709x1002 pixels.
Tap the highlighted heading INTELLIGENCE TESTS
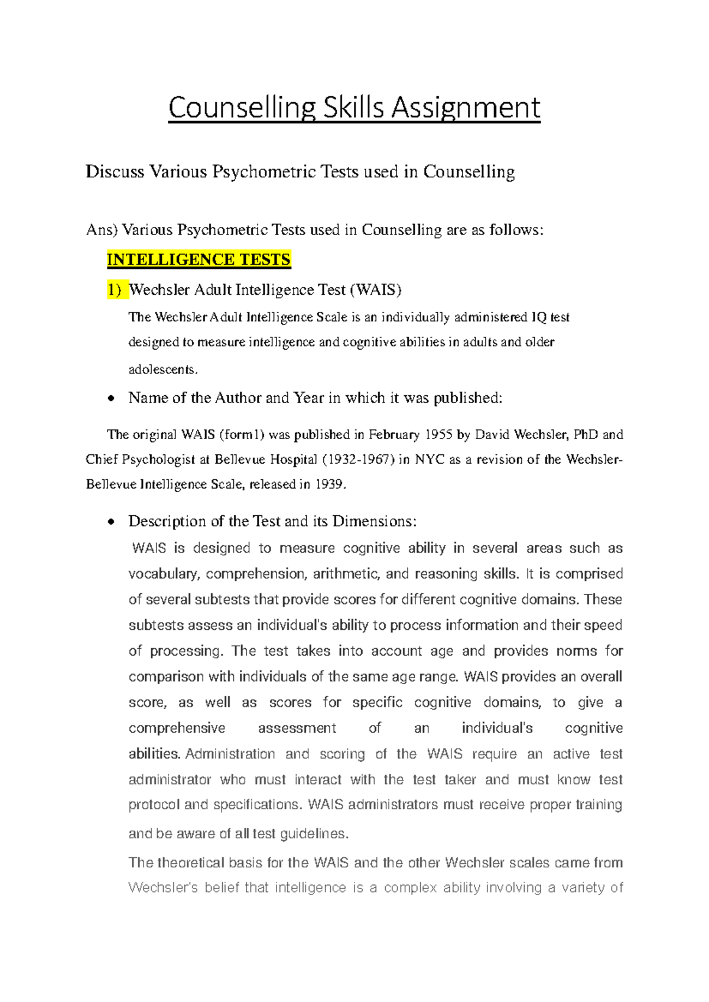pyautogui.click(x=199, y=260)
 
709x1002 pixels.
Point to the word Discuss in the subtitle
pyautogui.click(x=115, y=172)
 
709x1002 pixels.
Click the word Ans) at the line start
pyautogui.click(x=102, y=230)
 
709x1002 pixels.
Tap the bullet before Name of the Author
pyautogui.click(x=110, y=399)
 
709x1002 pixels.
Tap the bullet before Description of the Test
pyautogui.click(x=110, y=522)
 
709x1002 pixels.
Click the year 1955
pyautogui.click(x=438, y=435)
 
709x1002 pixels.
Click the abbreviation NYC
pyautogui.click(x=430, y=460)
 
